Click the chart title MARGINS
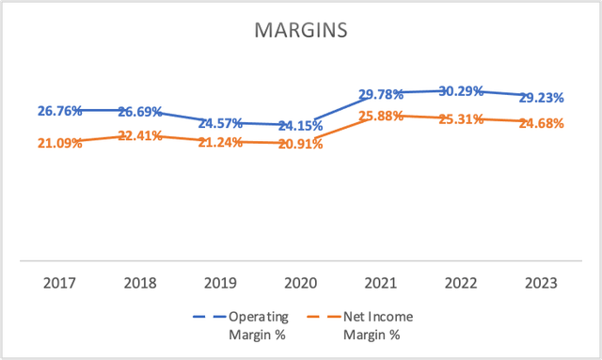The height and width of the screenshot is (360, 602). pyautogui.click(x=301, y=31)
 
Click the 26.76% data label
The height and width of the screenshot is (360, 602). pyautogui.click(x=60, y=110)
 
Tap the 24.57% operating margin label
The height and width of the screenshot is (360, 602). pyautogui.click(x=220, y=123)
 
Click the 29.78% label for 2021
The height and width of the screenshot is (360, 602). pyautogui.click(x=381, y=94)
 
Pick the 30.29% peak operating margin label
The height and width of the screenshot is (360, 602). pyautogui.click(x=461, y=91)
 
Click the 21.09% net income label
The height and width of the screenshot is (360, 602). pyautogui.click(x=60, y=143)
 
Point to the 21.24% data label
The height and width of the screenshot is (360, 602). pyautogui.click(x=220, y=142)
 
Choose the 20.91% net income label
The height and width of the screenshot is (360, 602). pyautogui.click(x=300, y=144)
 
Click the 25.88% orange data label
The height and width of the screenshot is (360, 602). pyautogui.click(x=381, y=116)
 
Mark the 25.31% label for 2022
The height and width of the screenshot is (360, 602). pyautogui.click(x=461, y=119)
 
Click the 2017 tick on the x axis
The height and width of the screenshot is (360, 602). pyautogui.click(x=60, y=282)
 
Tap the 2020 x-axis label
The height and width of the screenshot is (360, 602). pyautogui.click(x=300, y=282)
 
